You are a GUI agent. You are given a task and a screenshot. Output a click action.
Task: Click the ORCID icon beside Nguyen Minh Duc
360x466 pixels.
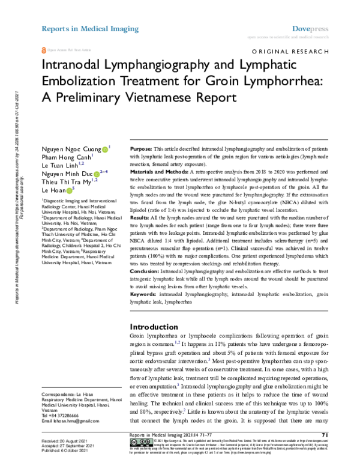97,174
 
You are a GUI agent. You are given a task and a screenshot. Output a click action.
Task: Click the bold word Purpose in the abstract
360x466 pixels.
141,148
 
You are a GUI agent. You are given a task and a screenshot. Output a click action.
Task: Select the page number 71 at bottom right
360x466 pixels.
324,435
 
